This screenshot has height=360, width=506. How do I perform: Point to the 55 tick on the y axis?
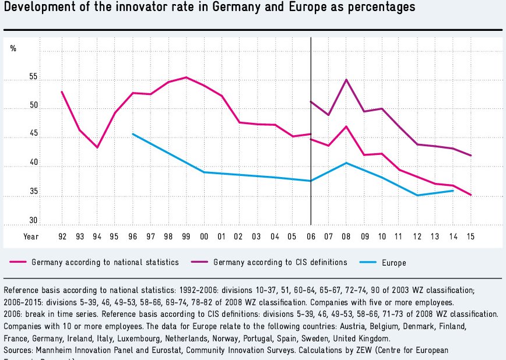point(33,77)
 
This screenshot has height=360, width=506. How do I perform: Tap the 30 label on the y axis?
point(33,221)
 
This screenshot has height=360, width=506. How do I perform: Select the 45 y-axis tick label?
point(33,134)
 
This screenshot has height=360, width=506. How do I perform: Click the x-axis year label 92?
point(62,237)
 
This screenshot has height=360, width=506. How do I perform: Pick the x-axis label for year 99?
point(186,237)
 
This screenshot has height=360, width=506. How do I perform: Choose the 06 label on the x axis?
point(311,237)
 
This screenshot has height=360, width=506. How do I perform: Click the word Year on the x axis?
point(31,237)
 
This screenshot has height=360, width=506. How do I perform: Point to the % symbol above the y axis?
point(13,48)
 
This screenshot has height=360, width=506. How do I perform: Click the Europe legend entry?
point(394,263)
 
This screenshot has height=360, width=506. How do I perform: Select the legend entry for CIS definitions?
point(280,262)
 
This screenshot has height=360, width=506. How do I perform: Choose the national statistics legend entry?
point(105,262)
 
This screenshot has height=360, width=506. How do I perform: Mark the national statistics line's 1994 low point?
point(97,147)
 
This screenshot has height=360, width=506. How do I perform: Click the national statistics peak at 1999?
point(186,77)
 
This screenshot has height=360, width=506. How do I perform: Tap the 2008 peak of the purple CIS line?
point(346,80)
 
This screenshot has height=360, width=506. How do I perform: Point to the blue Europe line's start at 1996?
point(133,134)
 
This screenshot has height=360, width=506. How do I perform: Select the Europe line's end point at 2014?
point(453,190)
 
